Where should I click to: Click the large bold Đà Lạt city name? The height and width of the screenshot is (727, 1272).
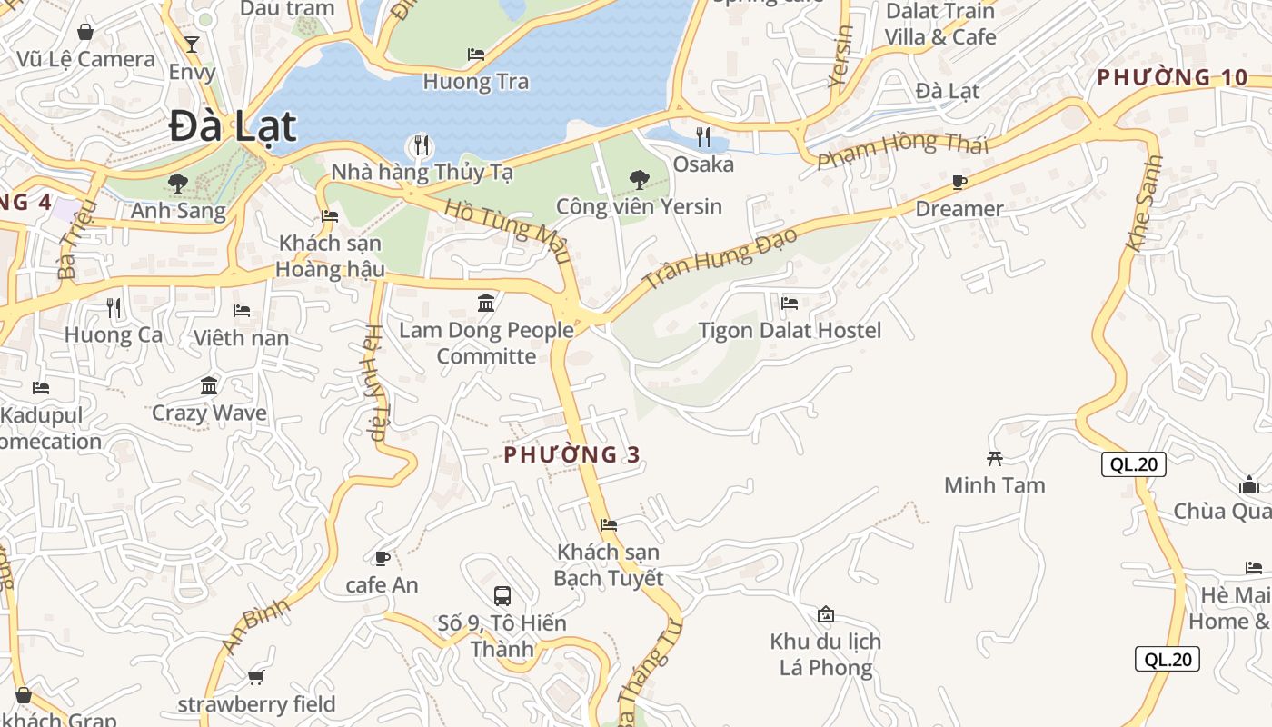233,126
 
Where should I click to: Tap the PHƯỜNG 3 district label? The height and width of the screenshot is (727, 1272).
572,455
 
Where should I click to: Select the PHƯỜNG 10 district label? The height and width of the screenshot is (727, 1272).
1172,77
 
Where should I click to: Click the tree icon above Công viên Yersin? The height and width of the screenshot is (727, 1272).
639,179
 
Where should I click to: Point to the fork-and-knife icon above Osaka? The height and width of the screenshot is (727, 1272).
703,137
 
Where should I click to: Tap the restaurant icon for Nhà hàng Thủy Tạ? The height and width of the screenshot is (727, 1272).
421,145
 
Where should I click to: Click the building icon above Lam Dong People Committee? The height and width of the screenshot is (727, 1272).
486,303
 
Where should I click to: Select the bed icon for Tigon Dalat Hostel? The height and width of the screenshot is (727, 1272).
790,303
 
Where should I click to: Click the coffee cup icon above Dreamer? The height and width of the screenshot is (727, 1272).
959,183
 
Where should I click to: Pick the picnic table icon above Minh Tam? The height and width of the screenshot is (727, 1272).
994,458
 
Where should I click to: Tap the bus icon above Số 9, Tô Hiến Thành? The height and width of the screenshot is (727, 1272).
502,596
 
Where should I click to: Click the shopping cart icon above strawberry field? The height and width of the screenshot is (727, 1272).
255,677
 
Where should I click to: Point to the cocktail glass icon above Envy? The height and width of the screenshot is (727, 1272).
192,44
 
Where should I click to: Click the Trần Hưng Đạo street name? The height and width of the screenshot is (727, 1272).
720,259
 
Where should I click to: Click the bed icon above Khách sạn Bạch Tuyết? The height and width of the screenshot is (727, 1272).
609,524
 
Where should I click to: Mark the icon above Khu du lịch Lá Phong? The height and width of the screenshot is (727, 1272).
825,614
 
